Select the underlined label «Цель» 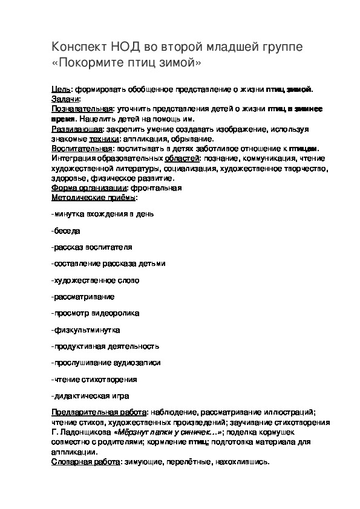61,89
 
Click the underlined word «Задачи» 65,99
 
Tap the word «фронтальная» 157,188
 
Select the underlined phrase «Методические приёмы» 93,198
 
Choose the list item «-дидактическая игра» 91,396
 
